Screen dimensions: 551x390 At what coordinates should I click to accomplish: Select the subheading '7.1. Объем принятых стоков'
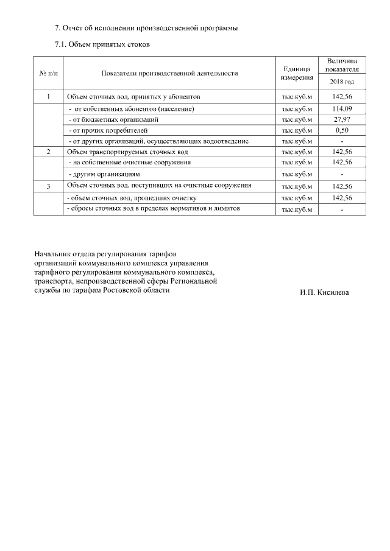[x=102, y=44]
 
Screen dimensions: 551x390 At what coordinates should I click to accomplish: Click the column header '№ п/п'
[x=48, y=73]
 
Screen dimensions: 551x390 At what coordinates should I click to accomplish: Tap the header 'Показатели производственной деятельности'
[x=170, y=73]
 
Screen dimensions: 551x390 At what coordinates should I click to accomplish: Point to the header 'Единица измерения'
[x=297, y=74]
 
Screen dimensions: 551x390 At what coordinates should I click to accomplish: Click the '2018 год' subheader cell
[x=342, y=82]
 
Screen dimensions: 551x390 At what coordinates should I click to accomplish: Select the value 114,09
[x=342, y=108]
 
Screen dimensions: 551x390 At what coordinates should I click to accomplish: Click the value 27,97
[x=342, y=119]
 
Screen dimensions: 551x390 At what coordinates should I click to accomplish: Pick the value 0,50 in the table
[x=342, y=130]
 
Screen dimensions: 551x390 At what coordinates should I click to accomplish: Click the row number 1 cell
[x=48, y=97]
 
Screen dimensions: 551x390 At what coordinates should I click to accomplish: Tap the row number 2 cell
[x=48, y=152]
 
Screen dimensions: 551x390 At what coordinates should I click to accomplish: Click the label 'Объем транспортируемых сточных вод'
[x=127, y=152]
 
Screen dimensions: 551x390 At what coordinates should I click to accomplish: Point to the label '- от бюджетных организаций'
[x=113, y=120]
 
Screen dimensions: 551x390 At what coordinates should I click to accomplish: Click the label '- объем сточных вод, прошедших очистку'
[x=131, y=198]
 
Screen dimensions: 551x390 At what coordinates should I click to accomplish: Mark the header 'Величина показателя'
[x=342, y=65]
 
